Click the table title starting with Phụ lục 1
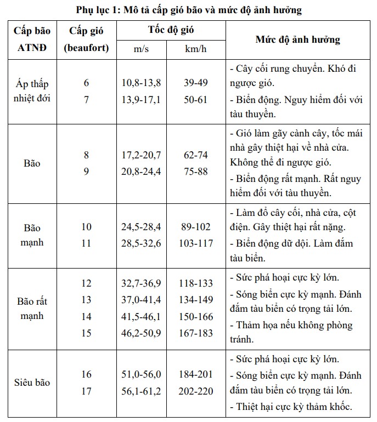coord(189,10)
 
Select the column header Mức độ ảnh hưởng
coord(298,39)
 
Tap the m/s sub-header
coord(141,49)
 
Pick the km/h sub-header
coord(196,49)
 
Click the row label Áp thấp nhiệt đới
coord(32,92)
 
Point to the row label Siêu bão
coord(32,382)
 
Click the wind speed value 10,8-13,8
coord(141,83)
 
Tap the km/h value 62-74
coord(196,155)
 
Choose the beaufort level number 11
coord(86,243)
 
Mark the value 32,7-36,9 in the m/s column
coord(141,283)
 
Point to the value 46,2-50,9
coord(141,333)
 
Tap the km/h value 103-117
coord(196,243)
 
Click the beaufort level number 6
coord(86,83)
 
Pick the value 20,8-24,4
coord(141,172)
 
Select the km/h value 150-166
coord(196,317)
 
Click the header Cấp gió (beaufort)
coord(86,39)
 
